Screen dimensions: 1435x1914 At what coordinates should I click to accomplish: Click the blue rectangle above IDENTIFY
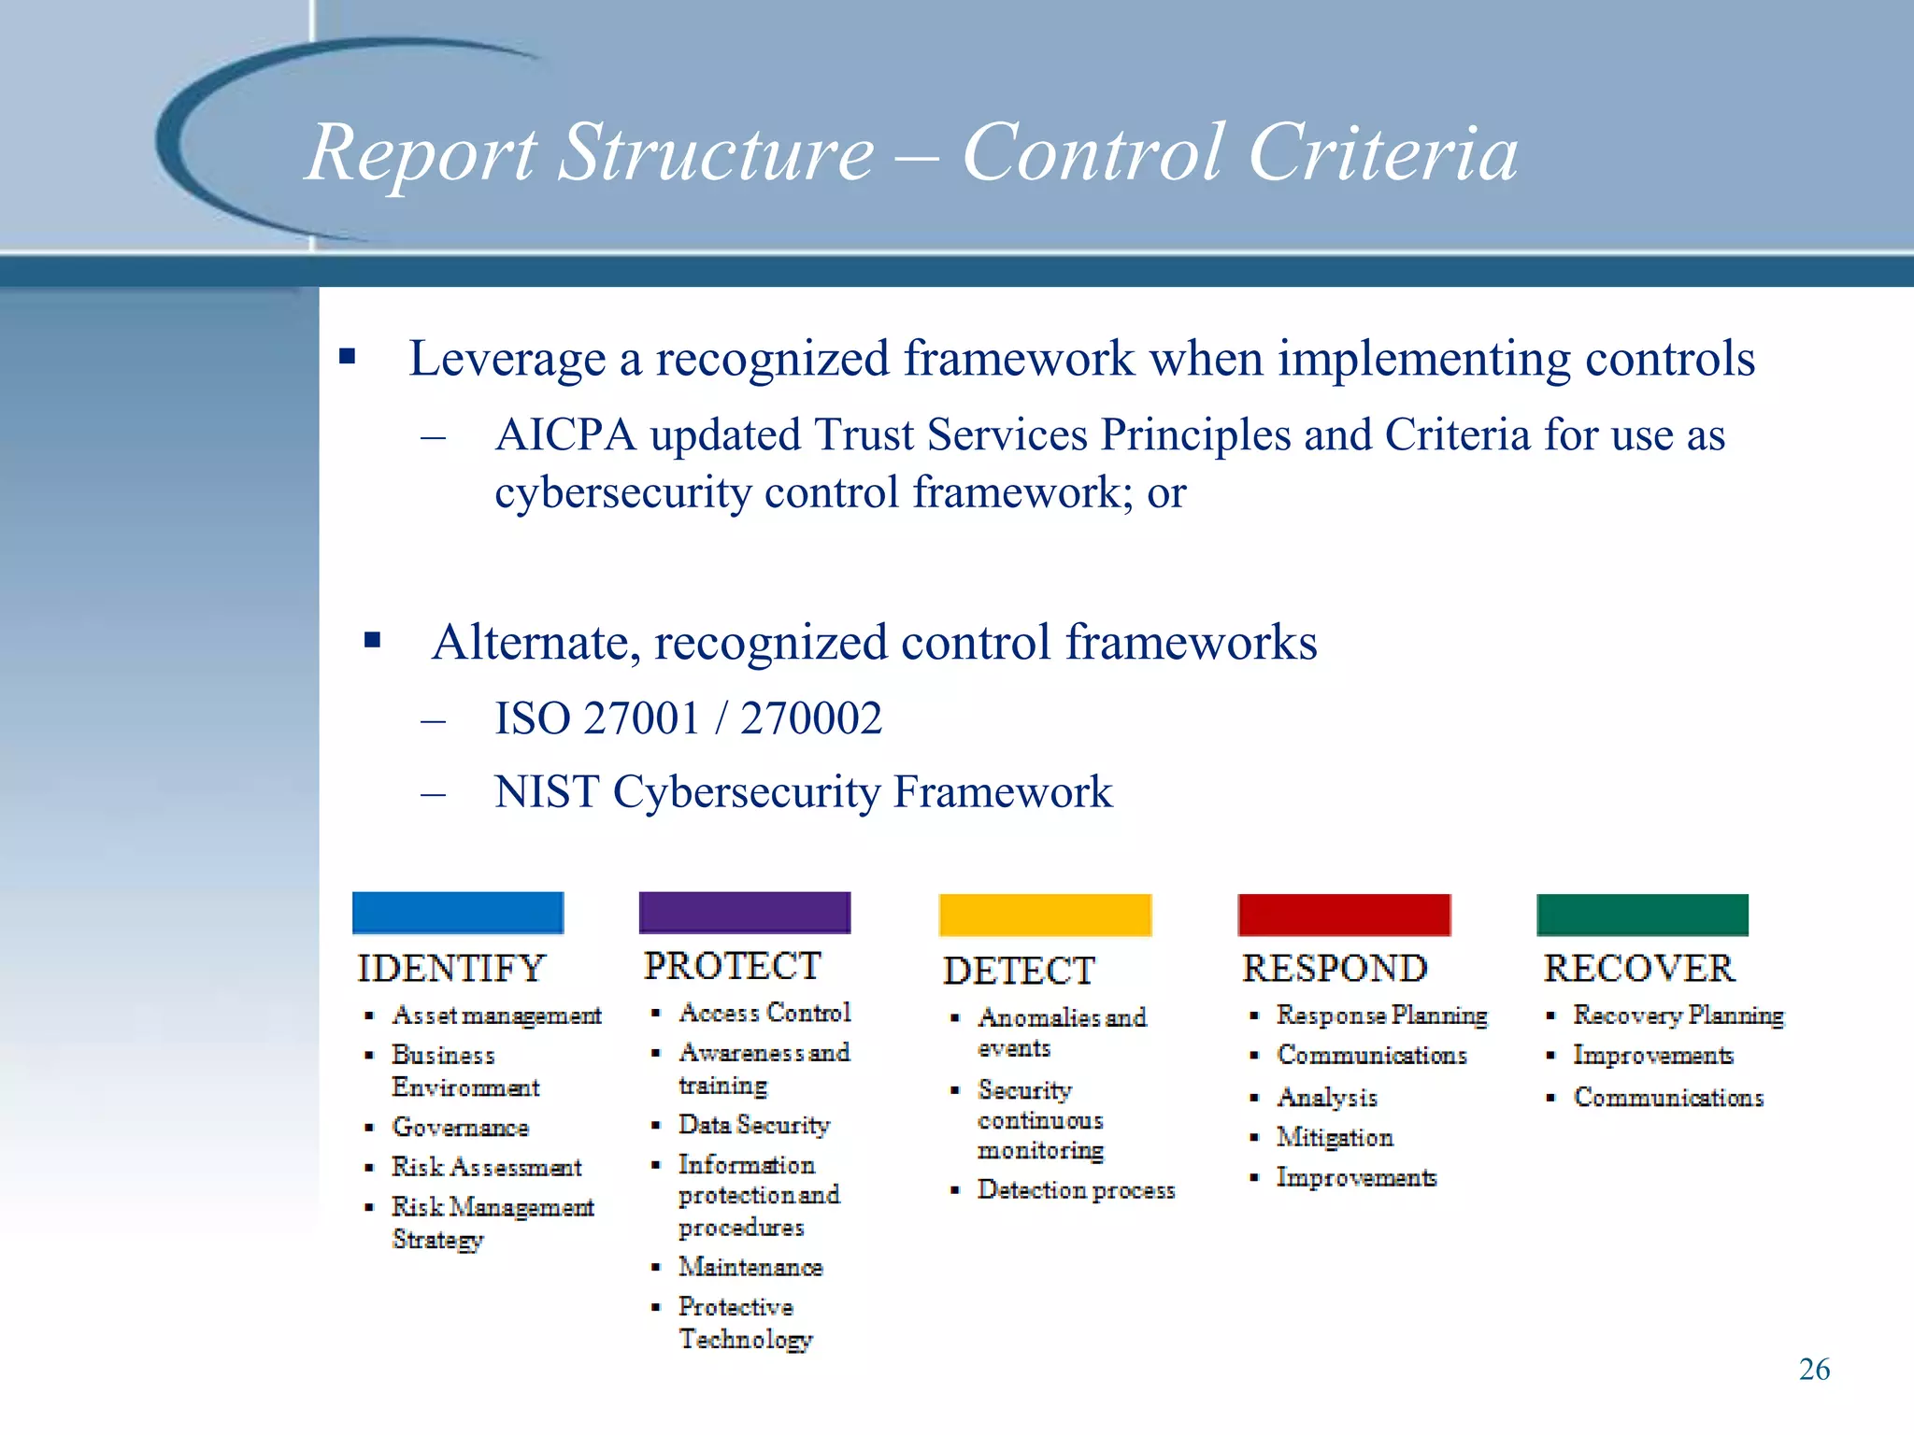[x=458, y=913]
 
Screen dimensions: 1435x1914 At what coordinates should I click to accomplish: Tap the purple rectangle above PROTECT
[x=744, y=913]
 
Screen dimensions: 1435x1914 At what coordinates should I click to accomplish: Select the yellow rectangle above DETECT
[x=1045, y=915]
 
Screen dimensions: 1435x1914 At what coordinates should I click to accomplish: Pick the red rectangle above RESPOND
[x=1344, y=915]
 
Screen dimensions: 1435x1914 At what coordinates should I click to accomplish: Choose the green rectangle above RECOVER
[x=1642, y=915]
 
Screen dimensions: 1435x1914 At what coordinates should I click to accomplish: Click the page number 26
[x=1814, y=1370]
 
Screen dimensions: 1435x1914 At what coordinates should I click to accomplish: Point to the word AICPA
[x=565, y=435]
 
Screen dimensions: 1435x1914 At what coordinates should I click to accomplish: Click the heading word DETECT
[x=1019, y=971]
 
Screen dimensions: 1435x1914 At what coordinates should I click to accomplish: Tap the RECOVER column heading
[x=1639, y=969]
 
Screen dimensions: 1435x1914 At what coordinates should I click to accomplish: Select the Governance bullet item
[x=460, y=1128]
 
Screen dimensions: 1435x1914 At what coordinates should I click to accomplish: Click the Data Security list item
[x=753, y=1125]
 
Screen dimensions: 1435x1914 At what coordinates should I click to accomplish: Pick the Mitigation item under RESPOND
[x=1335, y=1138]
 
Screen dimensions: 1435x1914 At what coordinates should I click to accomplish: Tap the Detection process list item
[x=1076, y=1190]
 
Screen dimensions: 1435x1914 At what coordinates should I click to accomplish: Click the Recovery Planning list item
[x=1678, y=1016]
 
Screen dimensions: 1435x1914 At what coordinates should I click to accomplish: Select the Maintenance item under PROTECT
[x=750, y=1268]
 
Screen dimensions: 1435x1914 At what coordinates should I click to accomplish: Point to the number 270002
[x=811, y=718]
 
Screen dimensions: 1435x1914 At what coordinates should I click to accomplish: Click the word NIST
[x=547, y=792]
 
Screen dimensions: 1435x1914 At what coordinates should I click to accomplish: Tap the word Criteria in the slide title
[x=1383, y=152]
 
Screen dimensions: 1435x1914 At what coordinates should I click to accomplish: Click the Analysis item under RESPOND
[x=1327, y=1098]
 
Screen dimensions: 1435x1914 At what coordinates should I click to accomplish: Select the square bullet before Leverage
[x=348, y=356]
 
